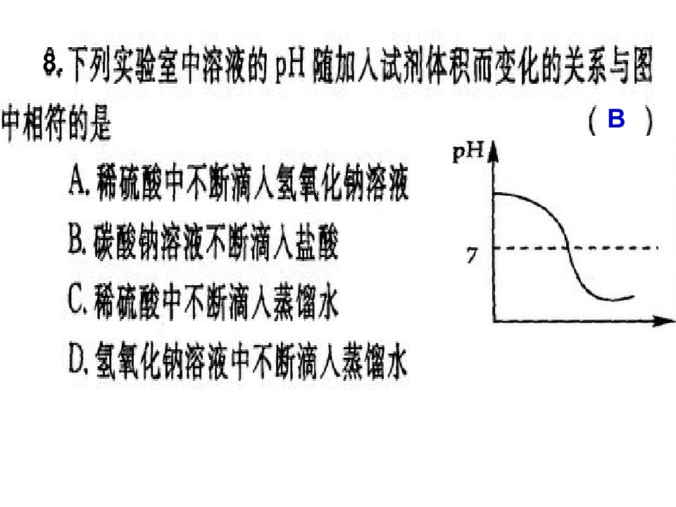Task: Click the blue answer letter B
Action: [616, 118]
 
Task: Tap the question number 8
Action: [51, 63]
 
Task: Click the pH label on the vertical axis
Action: [468, 152]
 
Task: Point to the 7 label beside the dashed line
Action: [472, 254]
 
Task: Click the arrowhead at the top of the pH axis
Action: [494, 151]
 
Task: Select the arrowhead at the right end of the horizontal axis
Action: [664, 321]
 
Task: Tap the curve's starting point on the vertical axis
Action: [494, 194]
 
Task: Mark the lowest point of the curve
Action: [610, 299]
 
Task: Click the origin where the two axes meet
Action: [494, 321]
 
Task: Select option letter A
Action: [77, 182]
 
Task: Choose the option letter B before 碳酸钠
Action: [76, 242]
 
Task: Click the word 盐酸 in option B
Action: [317, 242]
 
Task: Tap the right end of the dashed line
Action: [658, 248]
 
